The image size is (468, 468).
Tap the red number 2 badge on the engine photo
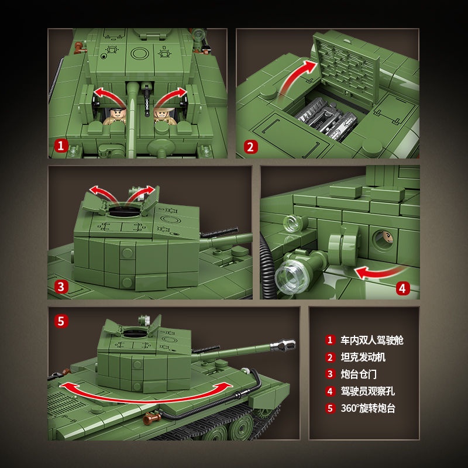(x=250, y=147)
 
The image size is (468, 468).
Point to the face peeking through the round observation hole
(x=386, y=237)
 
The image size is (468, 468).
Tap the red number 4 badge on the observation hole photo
(x=402, y=287)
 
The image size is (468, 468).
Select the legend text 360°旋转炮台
(x=368, y=408)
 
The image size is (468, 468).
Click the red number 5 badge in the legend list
(x=330, y=408)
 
